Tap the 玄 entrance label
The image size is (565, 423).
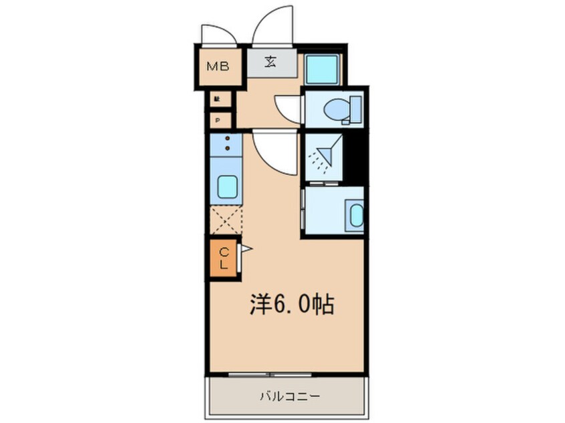[270, 63]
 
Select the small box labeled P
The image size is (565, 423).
[217, 121]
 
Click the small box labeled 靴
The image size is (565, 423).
[217, 99]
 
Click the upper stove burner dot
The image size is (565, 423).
[228, 138]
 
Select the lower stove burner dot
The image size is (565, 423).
[228, 148]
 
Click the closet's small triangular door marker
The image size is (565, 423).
[246, 250]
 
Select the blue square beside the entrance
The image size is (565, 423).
[323, 67]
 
